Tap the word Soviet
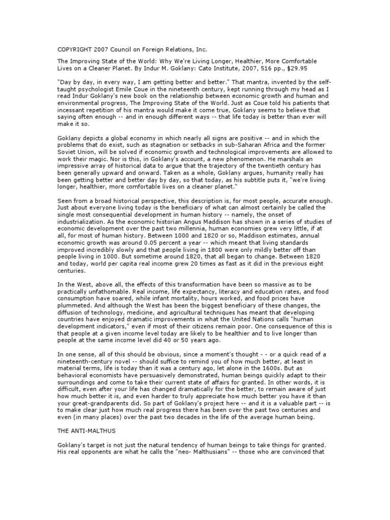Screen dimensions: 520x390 tap(68, 151)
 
